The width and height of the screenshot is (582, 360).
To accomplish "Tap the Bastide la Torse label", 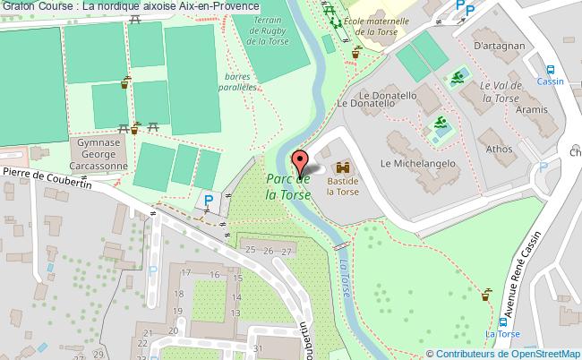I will [x=342, y=185].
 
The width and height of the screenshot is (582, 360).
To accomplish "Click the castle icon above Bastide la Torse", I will [x=342, y=167].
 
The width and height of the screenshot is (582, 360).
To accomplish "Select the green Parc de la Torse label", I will [x=288, y=186].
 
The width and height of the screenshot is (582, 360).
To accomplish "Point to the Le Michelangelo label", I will [x=418, y=164].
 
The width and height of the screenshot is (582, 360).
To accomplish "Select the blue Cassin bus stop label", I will [x=551, y=80].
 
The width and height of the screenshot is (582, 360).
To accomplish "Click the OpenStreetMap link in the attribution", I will [x=543, y=353].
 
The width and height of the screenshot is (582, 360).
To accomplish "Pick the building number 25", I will [x=250, y=250].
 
